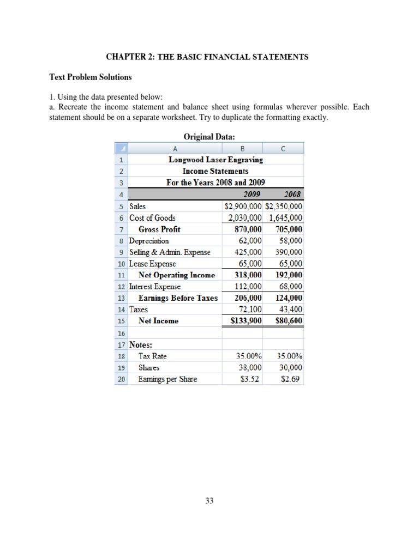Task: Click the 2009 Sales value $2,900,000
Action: coord(243,207)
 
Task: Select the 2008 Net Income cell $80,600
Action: coord(289,321)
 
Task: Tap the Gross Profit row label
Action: coord(159,229)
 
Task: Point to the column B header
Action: coord(242,148)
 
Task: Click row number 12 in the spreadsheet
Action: coord(121,287)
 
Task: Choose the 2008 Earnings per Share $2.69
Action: coord(292,379)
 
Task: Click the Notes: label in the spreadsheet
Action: coord(141,344)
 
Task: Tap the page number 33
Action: coord(209,501)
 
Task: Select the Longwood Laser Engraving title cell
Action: coord(216,160)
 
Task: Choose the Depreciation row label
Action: coord(149,241)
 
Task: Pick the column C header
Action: coord(283,148)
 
